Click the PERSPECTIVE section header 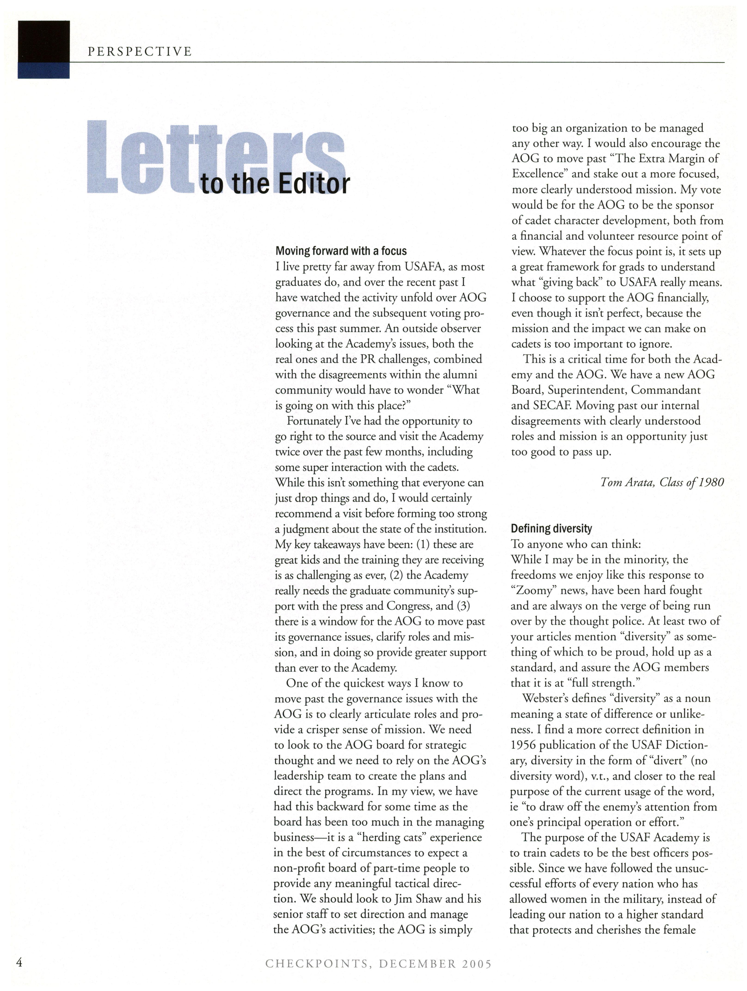click(x=139, y=52)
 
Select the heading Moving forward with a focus click(x=341, y=251)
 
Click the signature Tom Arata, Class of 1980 click(x=662, y=482)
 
